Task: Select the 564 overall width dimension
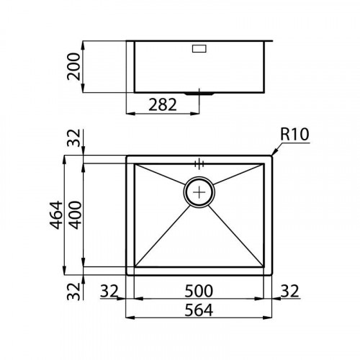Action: tap(199, 310)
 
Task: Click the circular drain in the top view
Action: tap(199, 191)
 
